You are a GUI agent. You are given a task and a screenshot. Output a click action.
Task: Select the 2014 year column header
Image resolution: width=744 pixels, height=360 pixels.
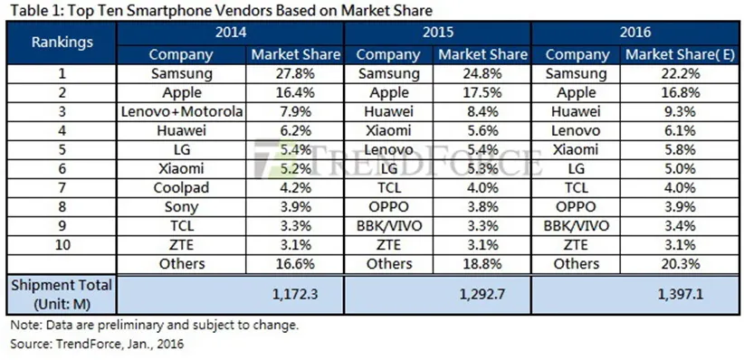tap(233, 34)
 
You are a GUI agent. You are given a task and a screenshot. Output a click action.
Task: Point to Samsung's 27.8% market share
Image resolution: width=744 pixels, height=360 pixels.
tap(294, 73)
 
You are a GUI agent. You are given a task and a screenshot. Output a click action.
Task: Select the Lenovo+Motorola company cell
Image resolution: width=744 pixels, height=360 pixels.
tap(181, 111)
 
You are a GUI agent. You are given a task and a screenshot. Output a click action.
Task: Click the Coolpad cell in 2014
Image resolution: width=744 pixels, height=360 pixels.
tap(181, 187)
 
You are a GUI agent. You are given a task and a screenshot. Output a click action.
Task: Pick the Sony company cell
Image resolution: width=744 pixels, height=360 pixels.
tap(181, 206)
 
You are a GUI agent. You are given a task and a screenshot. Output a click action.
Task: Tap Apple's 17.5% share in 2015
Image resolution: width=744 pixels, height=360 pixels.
tap(482, 92)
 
